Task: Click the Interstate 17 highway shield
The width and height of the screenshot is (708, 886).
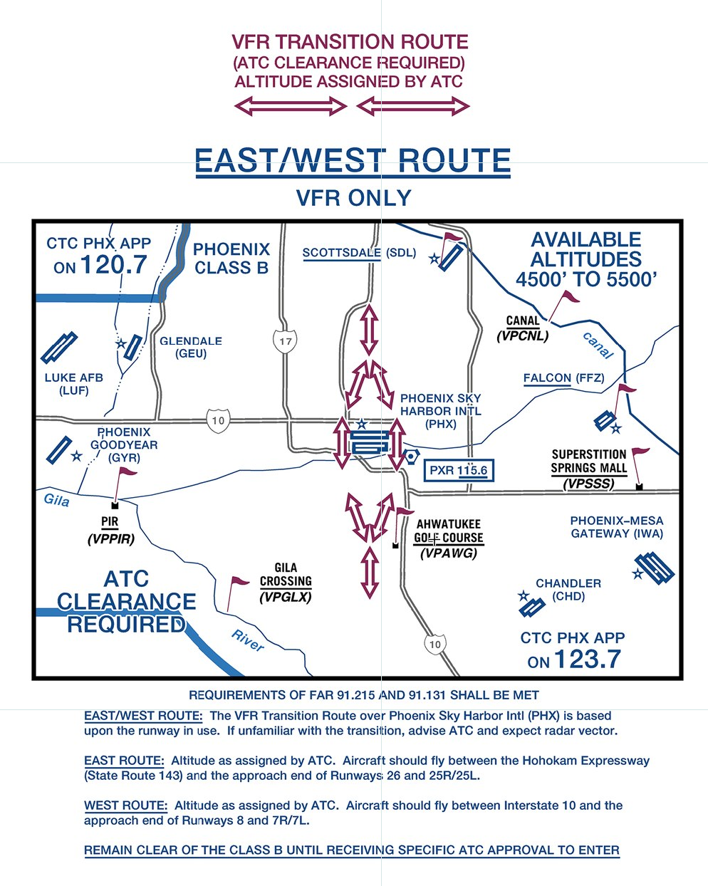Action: [285, 342]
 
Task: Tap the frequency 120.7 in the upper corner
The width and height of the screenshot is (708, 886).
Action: [113, 265]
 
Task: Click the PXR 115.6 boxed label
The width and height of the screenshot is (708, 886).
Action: [459, 471]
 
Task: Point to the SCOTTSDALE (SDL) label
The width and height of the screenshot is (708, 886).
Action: [359, 253]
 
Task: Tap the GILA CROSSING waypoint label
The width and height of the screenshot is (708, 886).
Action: [286, 582]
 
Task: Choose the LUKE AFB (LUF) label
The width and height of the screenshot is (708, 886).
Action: [74, 384]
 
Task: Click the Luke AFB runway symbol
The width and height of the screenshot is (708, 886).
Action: [59, 347]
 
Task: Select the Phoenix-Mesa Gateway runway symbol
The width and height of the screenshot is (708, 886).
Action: [654, 568]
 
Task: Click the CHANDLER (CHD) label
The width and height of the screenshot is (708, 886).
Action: [568, 589]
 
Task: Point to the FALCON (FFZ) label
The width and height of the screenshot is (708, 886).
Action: [563, 378]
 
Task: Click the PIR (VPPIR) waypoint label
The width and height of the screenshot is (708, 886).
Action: [110, 531]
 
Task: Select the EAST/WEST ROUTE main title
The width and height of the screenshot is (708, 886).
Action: [353, 161]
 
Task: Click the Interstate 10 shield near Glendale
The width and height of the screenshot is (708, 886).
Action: [218, 420]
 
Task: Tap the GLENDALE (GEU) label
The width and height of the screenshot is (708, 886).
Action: [191, 347]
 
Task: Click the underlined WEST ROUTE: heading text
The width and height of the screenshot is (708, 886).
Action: [125, 806]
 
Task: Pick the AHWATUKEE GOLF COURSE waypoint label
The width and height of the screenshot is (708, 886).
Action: [449, 538]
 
